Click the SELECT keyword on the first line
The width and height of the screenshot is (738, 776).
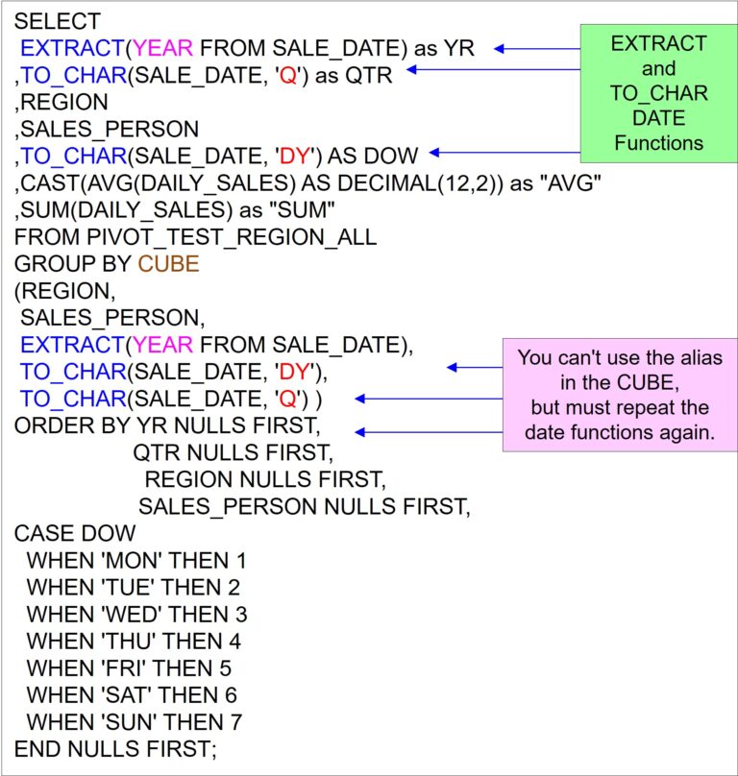click(x=58, y=22)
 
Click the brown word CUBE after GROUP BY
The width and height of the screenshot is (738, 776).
click(x=168, y=264)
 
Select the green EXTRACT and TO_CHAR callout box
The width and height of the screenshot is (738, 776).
click(x=659, y=93)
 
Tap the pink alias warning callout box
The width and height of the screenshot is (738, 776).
click(x=620, y=395)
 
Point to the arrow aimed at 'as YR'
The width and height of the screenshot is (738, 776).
click(x=537, y=48)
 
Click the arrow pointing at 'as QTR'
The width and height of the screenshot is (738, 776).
click(x=493, y=69)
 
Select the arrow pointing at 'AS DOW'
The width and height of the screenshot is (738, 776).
click(x=504, y=153)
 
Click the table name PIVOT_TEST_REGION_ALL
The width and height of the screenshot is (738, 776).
click(x=232, y=237)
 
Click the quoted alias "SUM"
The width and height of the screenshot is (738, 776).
click(x=302, y=209)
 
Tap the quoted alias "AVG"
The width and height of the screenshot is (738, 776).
click(x=570, y=183)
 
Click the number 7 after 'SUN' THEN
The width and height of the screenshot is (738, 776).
click(x=235, y=722)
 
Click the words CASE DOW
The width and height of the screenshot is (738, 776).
click(x=75, y=534)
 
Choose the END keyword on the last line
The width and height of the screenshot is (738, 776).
click(x=37, y=749)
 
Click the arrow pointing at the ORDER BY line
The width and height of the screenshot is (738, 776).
click(x=429, y=432)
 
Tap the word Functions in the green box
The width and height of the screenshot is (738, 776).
click(x=659, y=143)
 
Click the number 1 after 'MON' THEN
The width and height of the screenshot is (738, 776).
click(x=241, y=561)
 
